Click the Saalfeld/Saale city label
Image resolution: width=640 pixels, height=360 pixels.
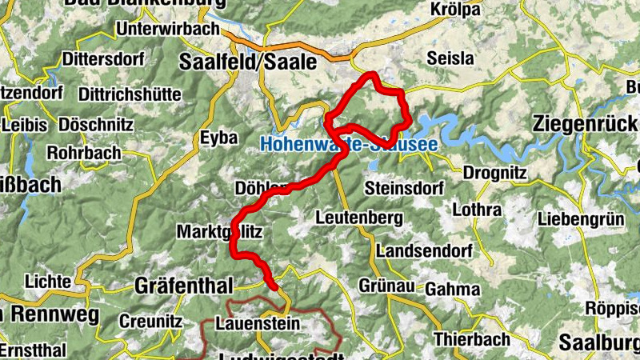coord(248,62)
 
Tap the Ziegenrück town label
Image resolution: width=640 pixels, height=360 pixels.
coord(585,125)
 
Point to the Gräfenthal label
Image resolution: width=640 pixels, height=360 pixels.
coord(183,286)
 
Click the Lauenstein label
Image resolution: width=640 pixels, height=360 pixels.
coord(258,324)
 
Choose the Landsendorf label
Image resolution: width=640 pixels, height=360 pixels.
coord(424,251)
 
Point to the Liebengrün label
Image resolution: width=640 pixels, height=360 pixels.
coord(581,218)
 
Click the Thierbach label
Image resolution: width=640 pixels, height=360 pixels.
coord(472,339)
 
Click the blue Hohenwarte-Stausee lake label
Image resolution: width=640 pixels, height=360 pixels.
coord(349,146)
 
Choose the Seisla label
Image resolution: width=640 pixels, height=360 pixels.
coord(450,58)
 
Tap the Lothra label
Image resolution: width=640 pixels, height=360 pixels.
coord(477,211)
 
